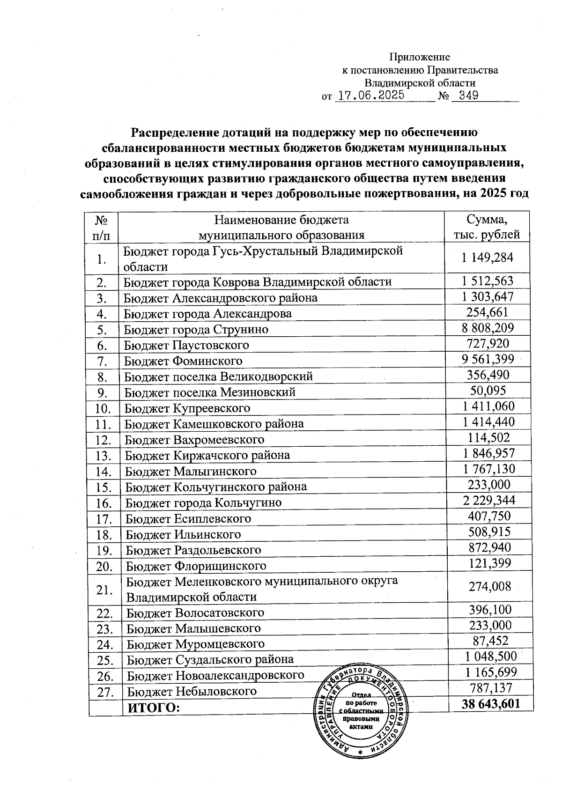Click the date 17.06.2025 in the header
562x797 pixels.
click(x=371, y=96)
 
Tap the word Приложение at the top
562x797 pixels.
click(x=420, y=57)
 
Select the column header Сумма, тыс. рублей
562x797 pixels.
click(x=487, y=227)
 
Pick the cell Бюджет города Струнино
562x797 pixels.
click(x=196, y=329)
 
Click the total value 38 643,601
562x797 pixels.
click(x=490, y=704)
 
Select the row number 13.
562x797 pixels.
click(x=103, y=456)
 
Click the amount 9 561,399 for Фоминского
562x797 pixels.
click(x=488, y=359)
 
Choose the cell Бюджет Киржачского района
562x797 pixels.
click(x=207, y=455)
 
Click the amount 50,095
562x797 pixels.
click(x=488, y=391)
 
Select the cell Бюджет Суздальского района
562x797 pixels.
click(x=210, y=659)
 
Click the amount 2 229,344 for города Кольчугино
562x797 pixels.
click(x=489, y=500)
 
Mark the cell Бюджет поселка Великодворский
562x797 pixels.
click(x=218, y=376)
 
